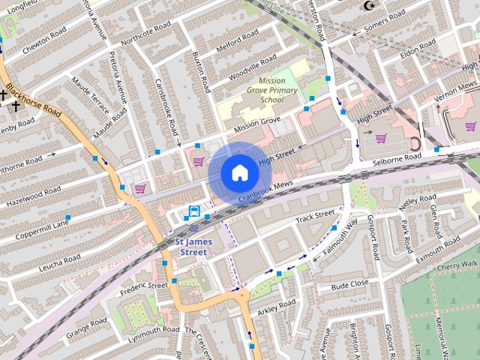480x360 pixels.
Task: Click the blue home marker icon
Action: coord(239,172)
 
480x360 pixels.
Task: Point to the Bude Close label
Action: coord(350,285)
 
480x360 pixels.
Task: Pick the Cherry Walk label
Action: coord(457,265)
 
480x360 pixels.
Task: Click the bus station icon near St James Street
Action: coord(194,211)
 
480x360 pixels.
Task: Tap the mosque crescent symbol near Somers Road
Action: coord(368,6)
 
